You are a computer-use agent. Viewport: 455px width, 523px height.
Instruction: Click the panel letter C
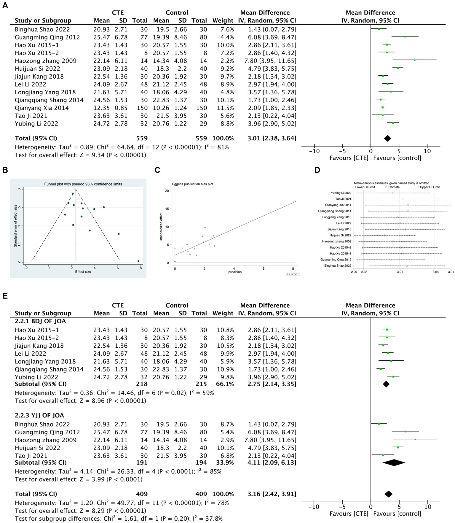click(x=157, y=170)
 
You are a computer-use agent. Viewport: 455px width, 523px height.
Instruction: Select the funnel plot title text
click(x=83, y=184)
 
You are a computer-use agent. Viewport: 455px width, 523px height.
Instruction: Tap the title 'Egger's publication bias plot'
click(x=193, y=184)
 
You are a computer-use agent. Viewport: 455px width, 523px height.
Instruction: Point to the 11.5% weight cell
click(x=227, y=108)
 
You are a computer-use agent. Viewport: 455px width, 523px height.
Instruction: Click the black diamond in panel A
click(x=387, y=138)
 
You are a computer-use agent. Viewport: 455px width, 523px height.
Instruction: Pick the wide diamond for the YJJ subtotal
click(x=394, y=462)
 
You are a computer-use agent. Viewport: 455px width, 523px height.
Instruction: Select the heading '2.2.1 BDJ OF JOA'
click(x=40, y=321)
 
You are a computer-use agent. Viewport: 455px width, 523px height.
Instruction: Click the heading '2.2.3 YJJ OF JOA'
click(x=39, y=416)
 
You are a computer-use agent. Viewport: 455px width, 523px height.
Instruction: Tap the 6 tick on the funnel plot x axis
click(x=118, y=268)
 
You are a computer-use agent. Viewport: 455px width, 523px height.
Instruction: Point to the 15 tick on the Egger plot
click(x=167, y=209)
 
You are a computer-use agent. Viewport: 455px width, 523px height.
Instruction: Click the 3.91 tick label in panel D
click(x=451, y=272)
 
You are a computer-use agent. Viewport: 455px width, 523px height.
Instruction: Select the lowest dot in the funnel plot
click(x=138, y=261)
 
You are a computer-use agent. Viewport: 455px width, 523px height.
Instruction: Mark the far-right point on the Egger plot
click(x=295, y=201)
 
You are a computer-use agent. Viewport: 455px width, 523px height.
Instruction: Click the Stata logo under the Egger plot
click(x=293, y=274)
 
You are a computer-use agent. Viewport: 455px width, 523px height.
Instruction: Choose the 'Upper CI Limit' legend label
click(x=430, y=187)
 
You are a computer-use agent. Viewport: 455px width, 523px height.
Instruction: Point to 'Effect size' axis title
click(x=83, y=272)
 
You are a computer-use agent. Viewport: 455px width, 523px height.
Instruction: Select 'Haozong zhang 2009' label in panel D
click(x=336, y=241)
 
